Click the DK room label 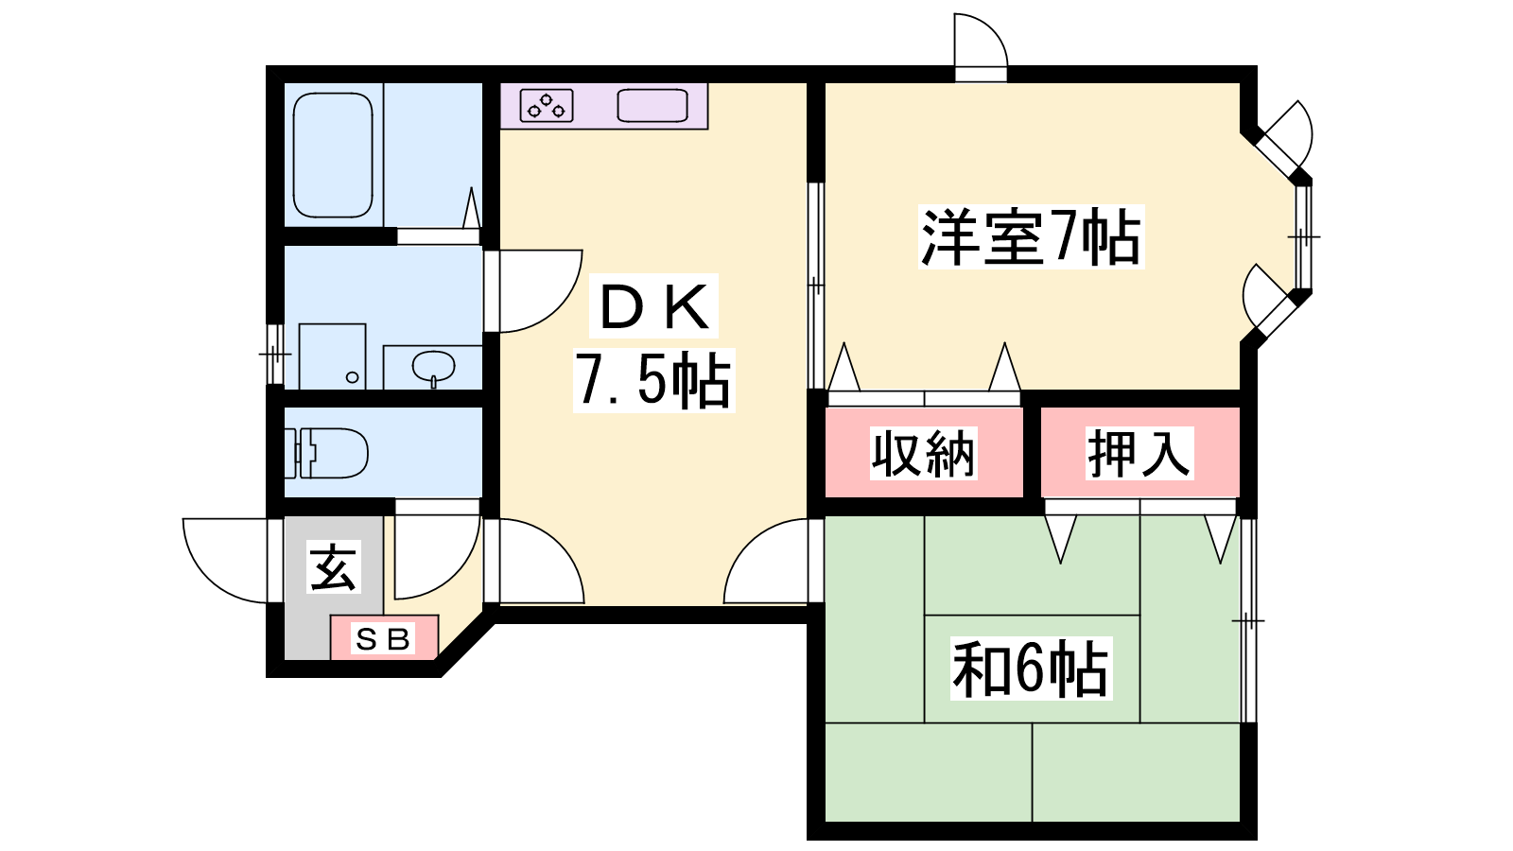point(653,307)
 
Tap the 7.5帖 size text point(653,380)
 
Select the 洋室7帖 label point(1031,237)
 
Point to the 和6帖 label point(1031,669)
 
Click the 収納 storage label point(923,453)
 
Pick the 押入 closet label point(1139,453)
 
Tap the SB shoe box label point(383,638)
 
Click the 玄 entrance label point(334,566)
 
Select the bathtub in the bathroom point(333,155)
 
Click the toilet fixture point(326,453)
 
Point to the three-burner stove point(547,105)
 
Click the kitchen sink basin point(652,105)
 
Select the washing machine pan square point(332,356)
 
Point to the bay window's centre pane point(1304,237)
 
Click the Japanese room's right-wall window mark point(1248,620)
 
